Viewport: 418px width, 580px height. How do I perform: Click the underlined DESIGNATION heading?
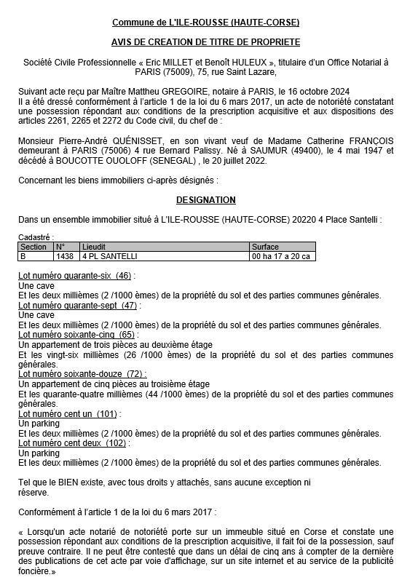[x=205, y=199]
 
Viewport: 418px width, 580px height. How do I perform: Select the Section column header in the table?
[x=33, y=247]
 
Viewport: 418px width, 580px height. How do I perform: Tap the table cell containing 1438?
[x=65, y=256]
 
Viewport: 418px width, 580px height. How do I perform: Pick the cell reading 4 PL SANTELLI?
[x=110, y=256]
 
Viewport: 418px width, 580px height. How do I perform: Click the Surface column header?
[x=265, y=247]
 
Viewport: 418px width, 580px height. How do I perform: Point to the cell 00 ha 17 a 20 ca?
[x=281, y=256]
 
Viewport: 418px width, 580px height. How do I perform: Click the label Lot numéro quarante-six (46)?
[x=76, y=276]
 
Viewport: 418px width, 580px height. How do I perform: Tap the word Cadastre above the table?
[x=34, y=237]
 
